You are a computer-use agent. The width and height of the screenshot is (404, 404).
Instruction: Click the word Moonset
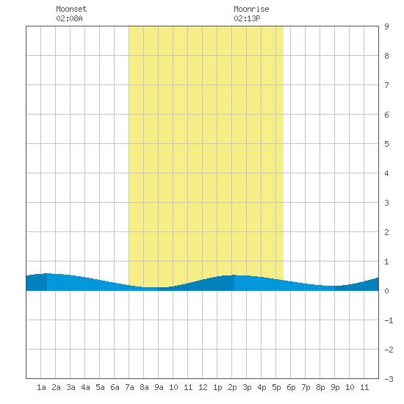pos(71,9)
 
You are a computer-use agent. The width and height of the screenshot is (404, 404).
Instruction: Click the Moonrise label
pos(251,9)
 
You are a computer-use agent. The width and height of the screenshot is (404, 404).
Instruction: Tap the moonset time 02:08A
pos(69,18)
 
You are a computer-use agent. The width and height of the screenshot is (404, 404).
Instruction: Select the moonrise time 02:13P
pos(247,18)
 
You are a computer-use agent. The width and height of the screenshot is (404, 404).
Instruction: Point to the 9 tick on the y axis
pos(386,26)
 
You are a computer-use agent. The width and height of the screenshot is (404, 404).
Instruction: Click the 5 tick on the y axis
pos(386,144)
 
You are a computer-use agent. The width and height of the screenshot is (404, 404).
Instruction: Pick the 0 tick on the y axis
pos(386,291)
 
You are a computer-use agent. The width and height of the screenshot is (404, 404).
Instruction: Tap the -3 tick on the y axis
pos(389,379)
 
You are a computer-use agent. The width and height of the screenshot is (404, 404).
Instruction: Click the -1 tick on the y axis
pos(389,320)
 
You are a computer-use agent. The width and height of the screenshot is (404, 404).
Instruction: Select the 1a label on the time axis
pos(41,387)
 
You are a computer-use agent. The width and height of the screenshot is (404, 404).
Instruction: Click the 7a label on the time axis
pos(129,387)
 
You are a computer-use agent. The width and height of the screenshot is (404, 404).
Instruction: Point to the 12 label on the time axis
pos(203,387)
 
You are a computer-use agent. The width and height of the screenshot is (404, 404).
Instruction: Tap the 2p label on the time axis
pos(232,387)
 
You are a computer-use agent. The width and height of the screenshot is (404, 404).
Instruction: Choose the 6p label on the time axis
pos(291,387)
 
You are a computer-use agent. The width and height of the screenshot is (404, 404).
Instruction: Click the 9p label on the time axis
pos(335,387)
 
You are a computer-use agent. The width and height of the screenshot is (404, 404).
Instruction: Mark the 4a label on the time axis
pos(85,387)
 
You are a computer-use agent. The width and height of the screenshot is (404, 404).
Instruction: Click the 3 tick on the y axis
pos(386,203)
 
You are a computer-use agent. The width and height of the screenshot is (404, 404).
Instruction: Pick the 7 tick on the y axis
pos(386,85)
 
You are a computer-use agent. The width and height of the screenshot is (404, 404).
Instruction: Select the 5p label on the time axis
pos(276,387)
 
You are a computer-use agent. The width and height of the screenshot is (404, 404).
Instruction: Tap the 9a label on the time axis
pos(159,387)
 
